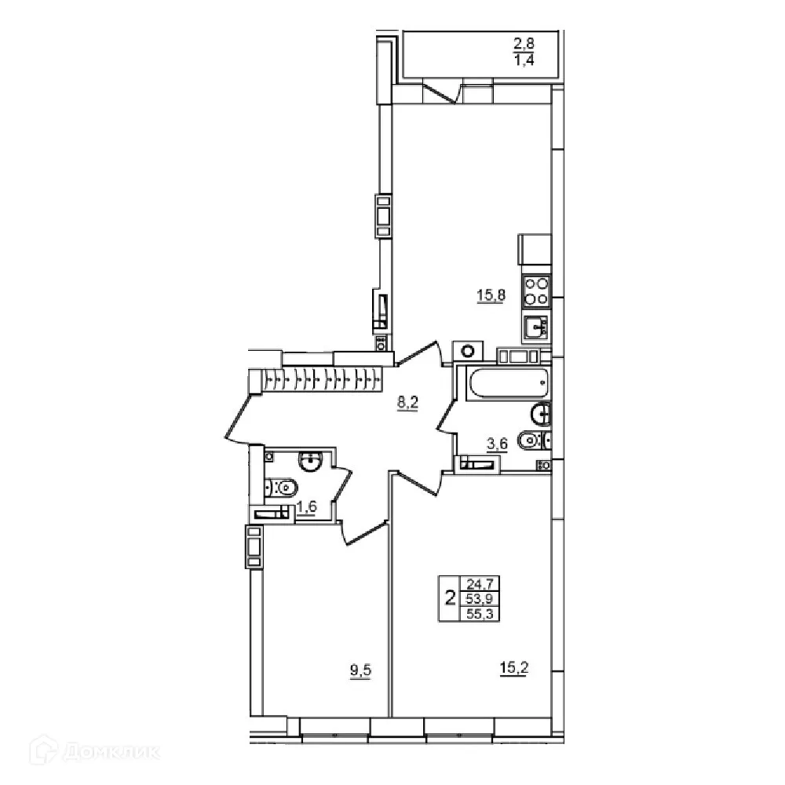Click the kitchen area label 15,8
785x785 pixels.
[x=488, y=295]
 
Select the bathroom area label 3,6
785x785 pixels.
[x=498, y=444]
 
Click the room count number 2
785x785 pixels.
[x=450, y=599]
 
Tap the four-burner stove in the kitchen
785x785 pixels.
[x=536, y=291]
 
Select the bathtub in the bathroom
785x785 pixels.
[x=502, y=384]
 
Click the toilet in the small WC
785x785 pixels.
[x=279, y=488]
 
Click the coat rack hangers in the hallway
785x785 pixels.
[x=322, y=381]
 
